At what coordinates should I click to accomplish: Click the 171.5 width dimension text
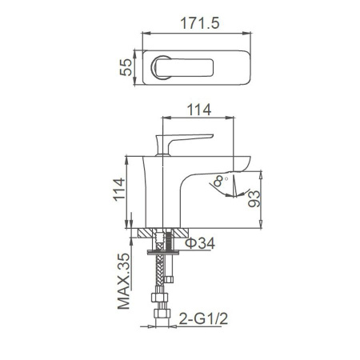[194, 22]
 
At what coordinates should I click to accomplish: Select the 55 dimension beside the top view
[126, 69]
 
